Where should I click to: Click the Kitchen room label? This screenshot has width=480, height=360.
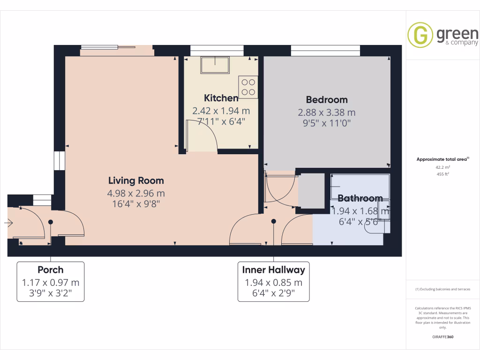click(221, 98)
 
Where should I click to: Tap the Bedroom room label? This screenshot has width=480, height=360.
click(327, 99)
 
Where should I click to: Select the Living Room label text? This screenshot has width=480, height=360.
click(136, 180)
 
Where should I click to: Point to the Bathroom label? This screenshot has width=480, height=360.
click(360, 198)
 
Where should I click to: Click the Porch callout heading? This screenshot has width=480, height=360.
click(51, 270)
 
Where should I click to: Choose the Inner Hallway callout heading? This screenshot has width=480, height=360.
click(273, 270)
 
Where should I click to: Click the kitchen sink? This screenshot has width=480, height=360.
click(215, 65)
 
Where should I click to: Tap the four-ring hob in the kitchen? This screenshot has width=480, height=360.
click(248, 87)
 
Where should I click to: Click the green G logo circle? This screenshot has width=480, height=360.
click(420, 35)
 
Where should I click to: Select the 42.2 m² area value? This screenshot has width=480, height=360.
click(442, 167)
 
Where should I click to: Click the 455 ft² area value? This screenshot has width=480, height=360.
click(442, 174)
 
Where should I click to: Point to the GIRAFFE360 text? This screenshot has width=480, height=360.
click(442, 337)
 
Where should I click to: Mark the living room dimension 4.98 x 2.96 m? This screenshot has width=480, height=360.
click(136, 193)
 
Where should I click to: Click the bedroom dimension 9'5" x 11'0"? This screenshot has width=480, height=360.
click(327, 124)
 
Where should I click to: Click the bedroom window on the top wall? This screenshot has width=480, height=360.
click(325, 48)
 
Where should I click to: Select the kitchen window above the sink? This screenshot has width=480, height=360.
click(217, 48)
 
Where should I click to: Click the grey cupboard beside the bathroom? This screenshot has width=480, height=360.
click(311, 191)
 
